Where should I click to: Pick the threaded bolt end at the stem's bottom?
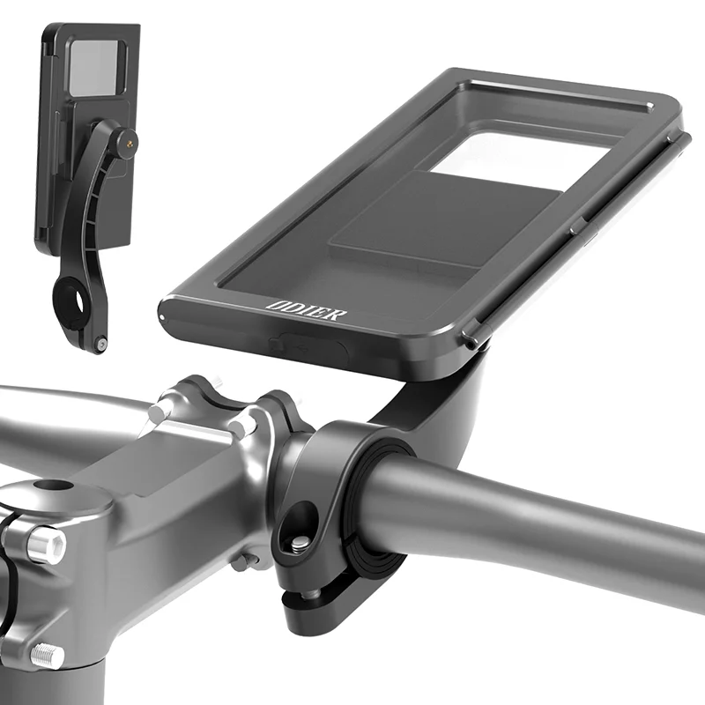(x=47, y=657)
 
